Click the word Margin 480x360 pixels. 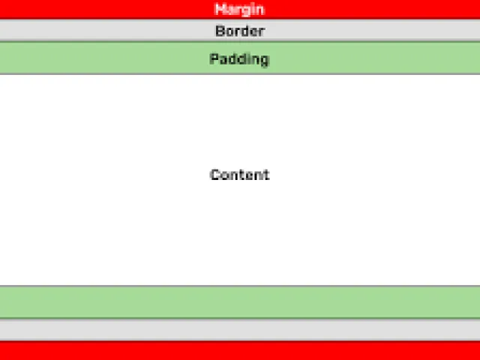tap(239, 10)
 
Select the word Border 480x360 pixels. tap(240, 31)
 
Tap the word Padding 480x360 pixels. tap(239, 59)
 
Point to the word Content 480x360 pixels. tap(240, 175)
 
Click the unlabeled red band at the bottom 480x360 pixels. tap(240, 351)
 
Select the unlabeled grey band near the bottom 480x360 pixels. tap(240, 330)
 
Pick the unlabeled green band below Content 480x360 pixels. tap(240, 302)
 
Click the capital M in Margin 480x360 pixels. tap(220, 9)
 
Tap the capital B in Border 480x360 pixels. tap(220, 31)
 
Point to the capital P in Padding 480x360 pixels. tap(214, 58)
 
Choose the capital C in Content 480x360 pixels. tap(215, 175)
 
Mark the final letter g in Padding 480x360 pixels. tap(265, 61)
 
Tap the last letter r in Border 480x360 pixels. tap(262, 32)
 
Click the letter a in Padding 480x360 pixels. tap(223, 60)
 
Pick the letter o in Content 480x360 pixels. tap(225, 176)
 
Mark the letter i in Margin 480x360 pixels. tap(252, 9)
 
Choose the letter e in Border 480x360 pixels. tap(255, 32)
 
